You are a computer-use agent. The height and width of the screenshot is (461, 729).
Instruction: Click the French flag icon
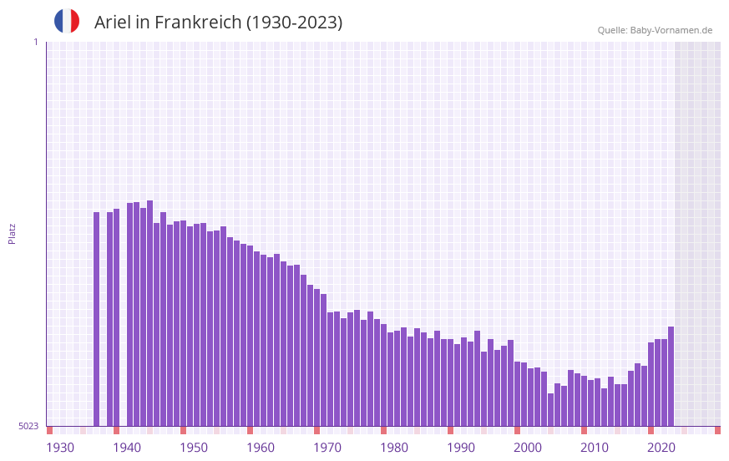click(x=67, y=22)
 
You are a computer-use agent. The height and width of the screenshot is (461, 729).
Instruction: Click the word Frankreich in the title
click(x=196, y=23)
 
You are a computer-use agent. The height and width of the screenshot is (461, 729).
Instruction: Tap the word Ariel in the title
click(x=114, y=23)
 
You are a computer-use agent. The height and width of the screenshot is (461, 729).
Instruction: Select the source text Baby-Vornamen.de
click(x=671, y=30)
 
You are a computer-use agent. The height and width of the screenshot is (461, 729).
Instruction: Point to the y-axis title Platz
click(x=12, y=233)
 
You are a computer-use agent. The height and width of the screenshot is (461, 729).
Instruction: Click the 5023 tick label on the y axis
click(x=28, y=426)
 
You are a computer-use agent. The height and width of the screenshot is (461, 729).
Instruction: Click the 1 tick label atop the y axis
click(x=35, y=42)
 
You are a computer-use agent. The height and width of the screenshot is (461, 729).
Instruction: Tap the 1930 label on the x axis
click(x=60, y=448)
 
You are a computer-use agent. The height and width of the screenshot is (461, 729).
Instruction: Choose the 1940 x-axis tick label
click(x=127, y=448)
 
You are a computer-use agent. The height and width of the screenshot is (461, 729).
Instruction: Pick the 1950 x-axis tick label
click(x=194, y=448)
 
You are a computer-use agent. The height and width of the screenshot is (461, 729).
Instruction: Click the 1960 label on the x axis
click(x=261, y=448)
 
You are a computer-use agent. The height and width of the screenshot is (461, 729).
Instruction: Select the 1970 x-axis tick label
click(x=327, y=448)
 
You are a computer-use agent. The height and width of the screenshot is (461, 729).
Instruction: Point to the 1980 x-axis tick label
click(x=394, y=448)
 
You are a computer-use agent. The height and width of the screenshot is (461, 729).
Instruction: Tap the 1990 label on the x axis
click(x=461, y=448)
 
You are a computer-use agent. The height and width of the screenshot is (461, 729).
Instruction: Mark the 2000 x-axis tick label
click(x=528, y=448)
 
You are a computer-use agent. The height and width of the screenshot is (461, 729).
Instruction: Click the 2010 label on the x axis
click(x=595, y=448)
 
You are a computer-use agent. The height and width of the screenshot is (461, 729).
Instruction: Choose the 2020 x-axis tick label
click(x=661, y=448)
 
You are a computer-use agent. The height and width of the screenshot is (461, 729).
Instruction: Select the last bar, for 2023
click(x=671, y=376)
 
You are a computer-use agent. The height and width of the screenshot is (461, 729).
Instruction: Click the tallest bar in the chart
click(x=149, y=313)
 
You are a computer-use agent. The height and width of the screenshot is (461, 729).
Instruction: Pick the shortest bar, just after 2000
click(x=550, y=409)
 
